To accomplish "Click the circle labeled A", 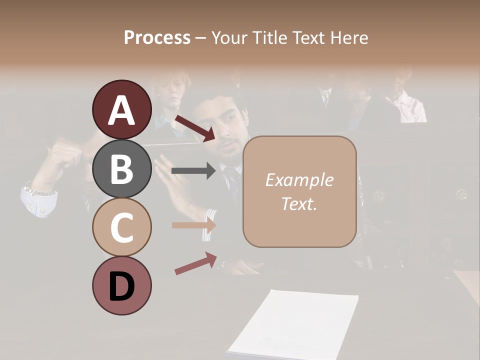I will point(121,110).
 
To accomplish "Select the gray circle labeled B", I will point(121,168).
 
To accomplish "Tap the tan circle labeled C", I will point(121,227).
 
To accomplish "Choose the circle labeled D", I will point(121,285).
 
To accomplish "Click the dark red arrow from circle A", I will point(194,128).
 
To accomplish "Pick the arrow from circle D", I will point(195,263).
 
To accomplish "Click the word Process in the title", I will point(157,37).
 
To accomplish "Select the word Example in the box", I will point(299,180).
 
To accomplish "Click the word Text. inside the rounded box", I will point(299,203).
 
